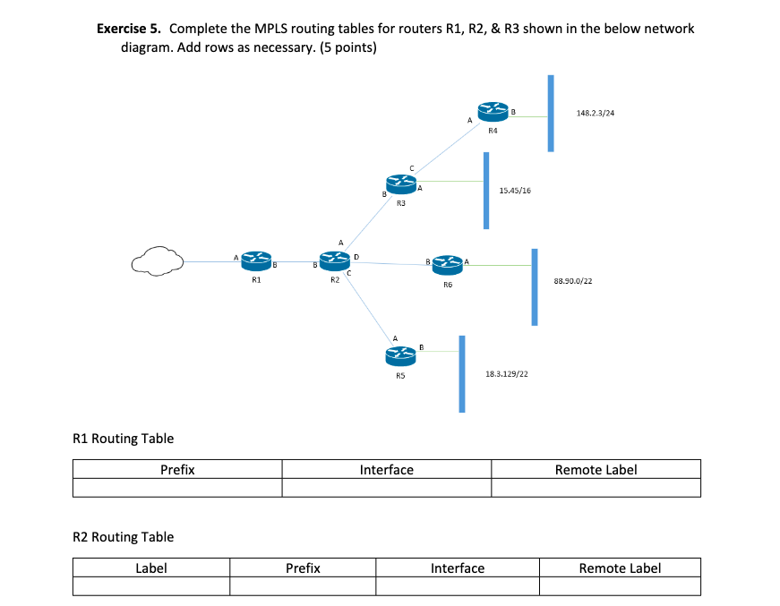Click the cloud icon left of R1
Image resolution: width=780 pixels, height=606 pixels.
tap(158, 261)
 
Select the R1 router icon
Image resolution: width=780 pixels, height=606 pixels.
tap(256, 261)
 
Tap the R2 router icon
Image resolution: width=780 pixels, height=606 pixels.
tap(333, 261)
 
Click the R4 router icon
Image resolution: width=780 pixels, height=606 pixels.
tap(492, 112)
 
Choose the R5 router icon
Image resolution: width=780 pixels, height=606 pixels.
tap(400, 357)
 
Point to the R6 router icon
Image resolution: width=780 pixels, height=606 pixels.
tap(447, 263)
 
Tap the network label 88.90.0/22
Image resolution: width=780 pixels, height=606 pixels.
tap(573, 280)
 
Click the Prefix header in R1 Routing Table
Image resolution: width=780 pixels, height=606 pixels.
tap(177, 469)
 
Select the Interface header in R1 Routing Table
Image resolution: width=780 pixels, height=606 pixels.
tap(386, 469)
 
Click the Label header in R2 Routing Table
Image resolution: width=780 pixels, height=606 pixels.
tap(150, 568)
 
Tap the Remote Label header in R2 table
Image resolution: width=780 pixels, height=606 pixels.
tap(620, 568)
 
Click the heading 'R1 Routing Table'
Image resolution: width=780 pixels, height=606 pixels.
tap(123, 438)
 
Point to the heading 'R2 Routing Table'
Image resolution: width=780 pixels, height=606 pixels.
tap(123, 536)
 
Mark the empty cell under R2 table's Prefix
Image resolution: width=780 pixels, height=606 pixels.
tap(302, 586)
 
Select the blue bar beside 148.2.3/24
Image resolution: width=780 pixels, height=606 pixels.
tap(552, 114)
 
